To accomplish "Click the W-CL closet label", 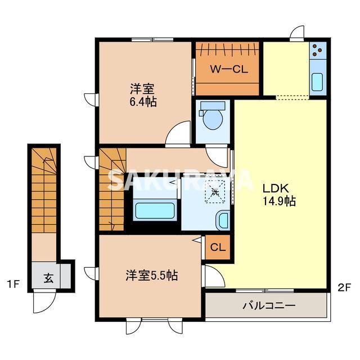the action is (x=229, y=69).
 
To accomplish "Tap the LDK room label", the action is (x=276, y=188).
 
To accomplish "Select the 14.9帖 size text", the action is (x=279, y=201).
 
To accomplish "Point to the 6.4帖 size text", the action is (x=143, y=101).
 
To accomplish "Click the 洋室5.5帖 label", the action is (x=151, y=275).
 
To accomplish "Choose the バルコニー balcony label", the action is (x=269, y=305).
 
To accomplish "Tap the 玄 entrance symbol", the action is (x=49, y=278).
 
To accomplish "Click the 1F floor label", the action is (x=13, y=285).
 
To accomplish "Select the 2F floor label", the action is (x=344, y=287).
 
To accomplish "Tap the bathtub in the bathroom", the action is (x=155, y=210).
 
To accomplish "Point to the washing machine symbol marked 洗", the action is (x=215, y=192).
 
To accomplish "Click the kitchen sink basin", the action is (x=317, y=82).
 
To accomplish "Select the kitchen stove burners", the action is (x=317, y=50).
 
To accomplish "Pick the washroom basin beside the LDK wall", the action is (x=223, y=220).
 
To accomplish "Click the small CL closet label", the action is (x=217, y=247).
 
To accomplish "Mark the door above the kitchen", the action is (x=297, y=34).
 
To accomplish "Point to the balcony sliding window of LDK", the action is (x=265, y=291).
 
